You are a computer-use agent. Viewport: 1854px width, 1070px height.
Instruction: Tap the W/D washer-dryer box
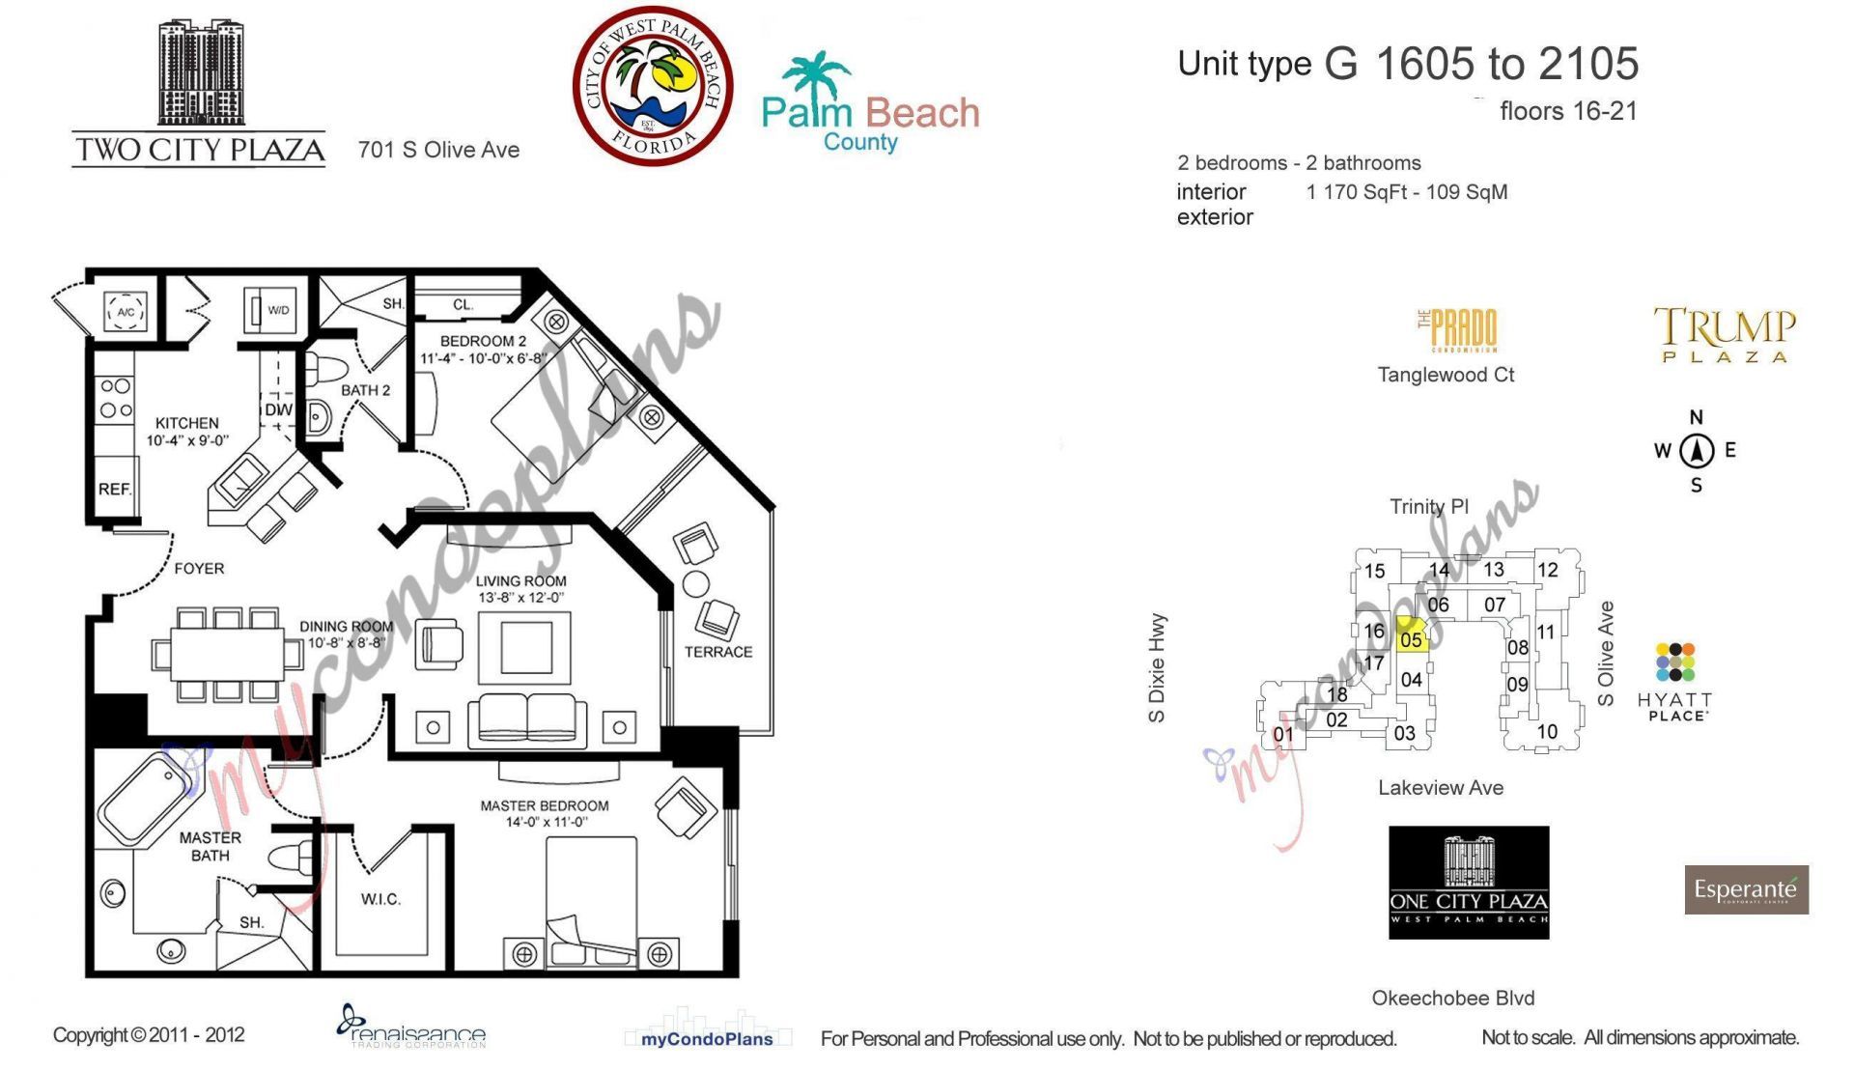[270, 310]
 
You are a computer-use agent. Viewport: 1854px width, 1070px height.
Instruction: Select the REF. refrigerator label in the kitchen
[114, 489]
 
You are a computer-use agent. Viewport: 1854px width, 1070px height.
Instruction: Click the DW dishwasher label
[278, 409]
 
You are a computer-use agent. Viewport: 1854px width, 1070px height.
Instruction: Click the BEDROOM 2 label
[483, 341]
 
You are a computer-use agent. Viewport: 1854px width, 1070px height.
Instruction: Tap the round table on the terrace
[695, 583]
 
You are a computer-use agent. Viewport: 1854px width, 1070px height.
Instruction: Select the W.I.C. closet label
[380, 899]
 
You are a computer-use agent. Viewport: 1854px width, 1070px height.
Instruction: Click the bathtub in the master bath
[145, 799]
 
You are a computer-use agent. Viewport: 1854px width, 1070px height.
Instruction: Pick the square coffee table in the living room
[526, 647]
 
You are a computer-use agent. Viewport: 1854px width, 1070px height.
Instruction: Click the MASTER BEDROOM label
[545, 805]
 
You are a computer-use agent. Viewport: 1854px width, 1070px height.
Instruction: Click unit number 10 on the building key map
[1547, 731]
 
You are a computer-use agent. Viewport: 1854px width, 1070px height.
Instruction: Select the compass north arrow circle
[1697, 450]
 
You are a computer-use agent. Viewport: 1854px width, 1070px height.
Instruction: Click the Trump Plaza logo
[1725, 334]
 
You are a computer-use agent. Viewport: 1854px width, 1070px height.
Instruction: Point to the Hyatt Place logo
[1675, 681]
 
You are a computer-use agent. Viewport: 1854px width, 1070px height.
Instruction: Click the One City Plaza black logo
[1469, 882]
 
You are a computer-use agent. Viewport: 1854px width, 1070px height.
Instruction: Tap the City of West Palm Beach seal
[653, 86]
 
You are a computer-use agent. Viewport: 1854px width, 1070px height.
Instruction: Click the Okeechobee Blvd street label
[1452, 998]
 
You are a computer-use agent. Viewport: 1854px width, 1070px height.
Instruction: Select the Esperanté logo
[1746, 889]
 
